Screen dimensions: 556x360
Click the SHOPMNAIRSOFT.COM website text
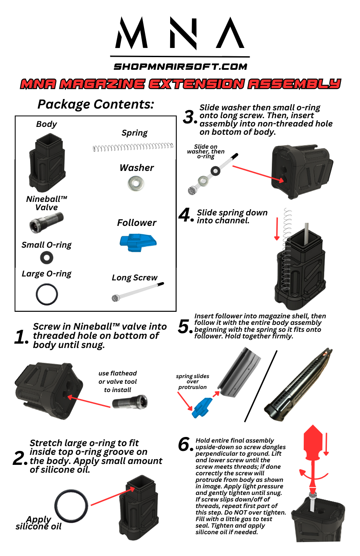[180, 67]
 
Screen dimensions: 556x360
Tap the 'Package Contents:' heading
[96, 104]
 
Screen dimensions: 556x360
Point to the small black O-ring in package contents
[47, 258]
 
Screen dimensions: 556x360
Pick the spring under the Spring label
[133, 147]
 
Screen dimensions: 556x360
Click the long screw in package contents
[137, 292]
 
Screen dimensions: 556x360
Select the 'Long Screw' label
[134, 278]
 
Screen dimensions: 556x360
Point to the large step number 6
[185, 444]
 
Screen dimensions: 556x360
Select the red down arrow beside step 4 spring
[276, 229]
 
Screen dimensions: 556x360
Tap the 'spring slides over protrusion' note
[192, 382]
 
